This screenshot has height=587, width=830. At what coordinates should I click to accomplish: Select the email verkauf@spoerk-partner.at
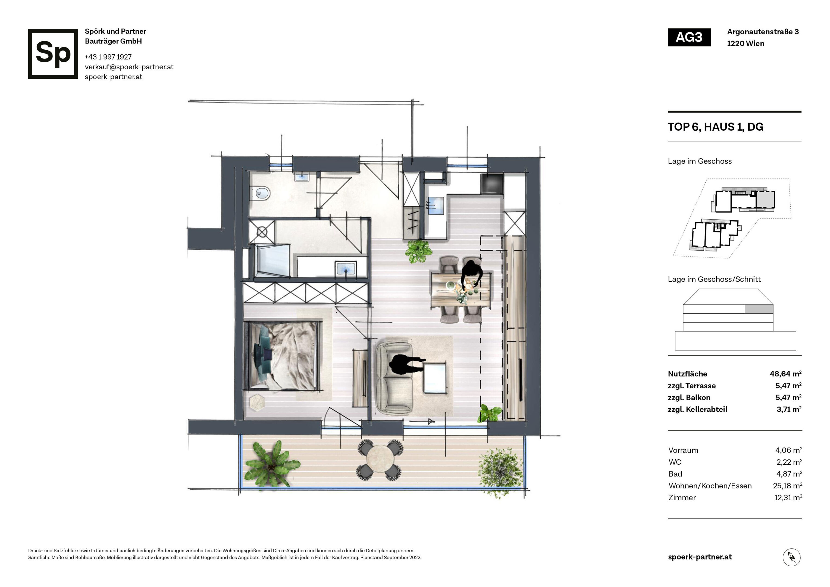tap(129, 67)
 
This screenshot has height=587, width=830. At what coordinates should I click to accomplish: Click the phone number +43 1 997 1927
tap(108, 57)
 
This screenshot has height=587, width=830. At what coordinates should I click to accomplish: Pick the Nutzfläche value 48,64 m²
tap(785, 374)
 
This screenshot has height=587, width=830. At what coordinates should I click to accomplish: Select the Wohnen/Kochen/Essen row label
tap(710, 486)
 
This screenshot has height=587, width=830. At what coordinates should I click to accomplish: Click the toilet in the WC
tap(260, 193)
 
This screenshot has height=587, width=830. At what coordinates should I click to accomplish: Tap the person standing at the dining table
tap(472, 274)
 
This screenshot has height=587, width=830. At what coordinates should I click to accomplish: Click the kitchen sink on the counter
tap(435, 205)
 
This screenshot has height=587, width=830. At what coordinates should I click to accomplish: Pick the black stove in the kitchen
tap(492, 184)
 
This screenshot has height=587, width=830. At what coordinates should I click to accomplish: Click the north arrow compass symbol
tap(791, 557)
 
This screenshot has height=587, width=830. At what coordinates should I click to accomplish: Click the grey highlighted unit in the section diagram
tap(759, 309)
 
